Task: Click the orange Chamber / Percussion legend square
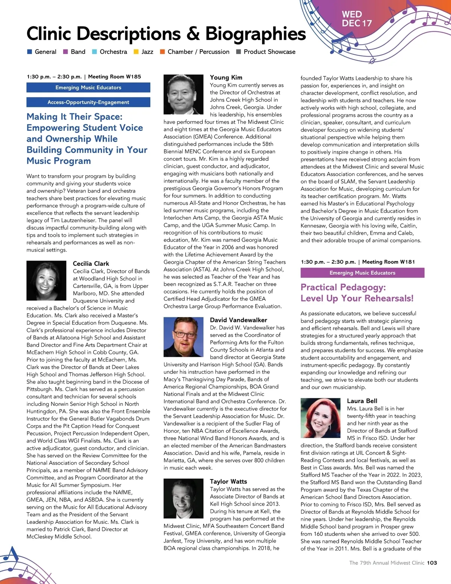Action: click(162, 52)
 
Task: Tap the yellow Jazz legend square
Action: click(136, 52)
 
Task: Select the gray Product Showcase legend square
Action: click(238, 52)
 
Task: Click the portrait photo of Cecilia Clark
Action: click(47, 281)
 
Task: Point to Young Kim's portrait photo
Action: click(184, 94)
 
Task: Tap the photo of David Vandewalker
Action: click(184, 337)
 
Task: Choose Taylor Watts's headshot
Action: click(184, 499)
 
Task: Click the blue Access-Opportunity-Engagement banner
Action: click(88, 102)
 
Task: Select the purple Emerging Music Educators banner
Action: click(362, 273)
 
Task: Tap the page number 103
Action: click(432, 563)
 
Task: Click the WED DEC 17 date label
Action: click(356, 19)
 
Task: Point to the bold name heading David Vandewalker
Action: click(238, 320)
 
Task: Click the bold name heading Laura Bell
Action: click(362, 401)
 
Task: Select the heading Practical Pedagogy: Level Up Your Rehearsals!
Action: click(357, 293)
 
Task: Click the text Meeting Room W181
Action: click(389, 262)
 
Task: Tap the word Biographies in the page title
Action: click(256, 34)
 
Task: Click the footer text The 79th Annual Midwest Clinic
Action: click(386, 563)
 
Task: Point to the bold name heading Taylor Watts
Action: click(229, 481)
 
